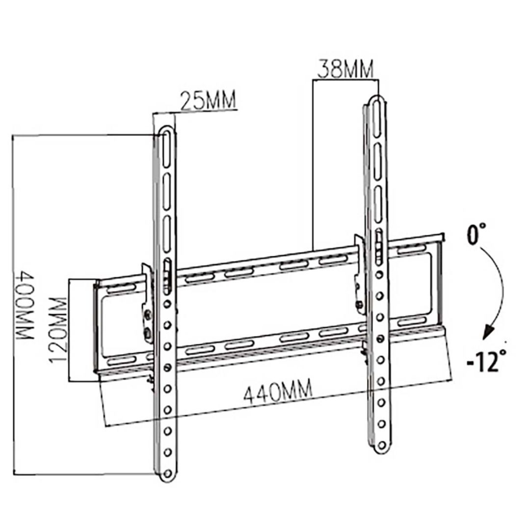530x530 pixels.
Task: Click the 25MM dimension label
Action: click(208, 101)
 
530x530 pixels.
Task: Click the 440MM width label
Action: click(278, 393)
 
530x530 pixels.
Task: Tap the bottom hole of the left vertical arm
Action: click(168, 474)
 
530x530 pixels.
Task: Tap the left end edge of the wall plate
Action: click(97, 326)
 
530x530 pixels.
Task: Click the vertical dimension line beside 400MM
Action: click(14, 304)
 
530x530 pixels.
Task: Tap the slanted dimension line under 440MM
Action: click(275, 412)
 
